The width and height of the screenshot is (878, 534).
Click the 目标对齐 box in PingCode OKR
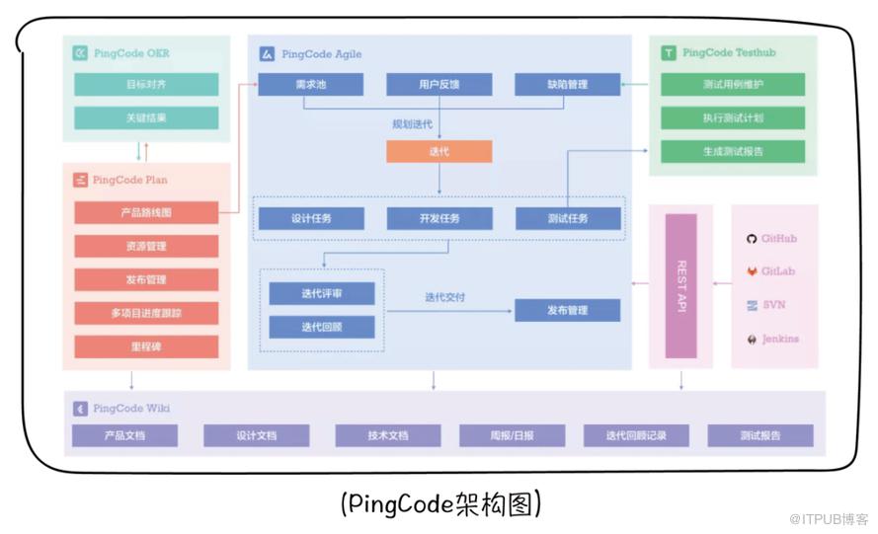(146, 85)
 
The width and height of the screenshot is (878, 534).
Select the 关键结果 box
(146, 118)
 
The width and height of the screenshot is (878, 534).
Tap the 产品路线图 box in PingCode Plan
(146, 212)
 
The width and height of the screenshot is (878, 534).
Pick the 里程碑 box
(146, 347)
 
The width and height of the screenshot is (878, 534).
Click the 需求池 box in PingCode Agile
(311, 85)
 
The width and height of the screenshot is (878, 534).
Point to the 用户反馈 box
(439, 85)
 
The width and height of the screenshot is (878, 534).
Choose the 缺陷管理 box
(567, 85)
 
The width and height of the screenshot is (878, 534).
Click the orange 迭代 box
(439, 152)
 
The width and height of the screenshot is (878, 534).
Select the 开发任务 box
(439, 219)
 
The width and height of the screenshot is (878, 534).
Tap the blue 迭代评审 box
(322, 293)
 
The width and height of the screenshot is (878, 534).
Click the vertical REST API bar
(680, 286)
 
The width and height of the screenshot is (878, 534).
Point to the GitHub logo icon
(752, 239)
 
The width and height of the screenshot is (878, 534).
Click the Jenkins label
(780, 339)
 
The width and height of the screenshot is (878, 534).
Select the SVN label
(774, 305)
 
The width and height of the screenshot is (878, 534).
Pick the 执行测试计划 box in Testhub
(733, 118)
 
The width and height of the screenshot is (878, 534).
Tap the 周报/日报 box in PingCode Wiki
(513, 435)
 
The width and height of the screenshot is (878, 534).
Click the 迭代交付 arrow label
(444, 297)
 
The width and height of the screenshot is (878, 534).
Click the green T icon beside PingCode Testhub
(669, 52)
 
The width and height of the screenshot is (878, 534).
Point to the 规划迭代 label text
(412, 124)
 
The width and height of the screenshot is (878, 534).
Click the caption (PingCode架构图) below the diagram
(440, 503)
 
